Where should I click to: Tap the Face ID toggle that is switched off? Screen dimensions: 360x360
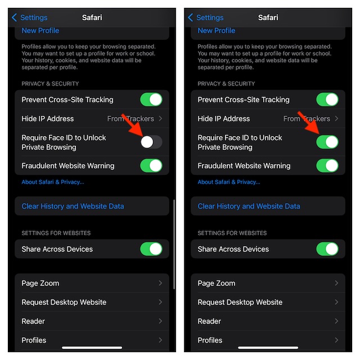tap(151, 142)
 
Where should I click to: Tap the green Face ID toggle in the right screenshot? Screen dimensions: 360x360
tap(327, 142)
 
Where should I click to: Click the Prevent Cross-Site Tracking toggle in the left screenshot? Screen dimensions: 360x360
tap(151, 100)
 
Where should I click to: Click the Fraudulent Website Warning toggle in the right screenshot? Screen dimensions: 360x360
tap(327, 165)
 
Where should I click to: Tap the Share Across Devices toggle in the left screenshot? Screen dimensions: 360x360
tap(151, 249)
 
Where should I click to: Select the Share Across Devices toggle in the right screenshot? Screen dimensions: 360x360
tap(327, 249)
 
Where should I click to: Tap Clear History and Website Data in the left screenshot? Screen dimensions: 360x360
tap(73, 206)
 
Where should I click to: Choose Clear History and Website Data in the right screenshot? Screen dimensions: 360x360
tap(249, 206)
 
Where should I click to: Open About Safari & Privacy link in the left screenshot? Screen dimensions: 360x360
tap(53, 182)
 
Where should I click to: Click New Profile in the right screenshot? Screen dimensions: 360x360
tap(217, 30)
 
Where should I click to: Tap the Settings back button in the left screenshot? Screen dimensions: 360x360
tap(30, 17)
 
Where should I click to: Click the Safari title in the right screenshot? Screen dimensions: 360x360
tap(268, 17)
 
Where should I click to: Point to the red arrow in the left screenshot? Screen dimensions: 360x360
tap(133, 126)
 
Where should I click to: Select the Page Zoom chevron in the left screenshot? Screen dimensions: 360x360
tap(160, 283)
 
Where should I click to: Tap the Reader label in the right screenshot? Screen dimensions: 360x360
tap(209, 321)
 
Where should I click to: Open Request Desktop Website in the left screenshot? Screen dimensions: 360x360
tap(64, 302)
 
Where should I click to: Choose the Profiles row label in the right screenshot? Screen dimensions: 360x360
tap(210, 340)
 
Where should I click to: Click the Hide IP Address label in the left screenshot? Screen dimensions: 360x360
tap(48, 119)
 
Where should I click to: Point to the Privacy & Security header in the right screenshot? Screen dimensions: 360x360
tap(226, 84)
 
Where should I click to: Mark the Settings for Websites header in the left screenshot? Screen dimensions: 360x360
tap(56, 233)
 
